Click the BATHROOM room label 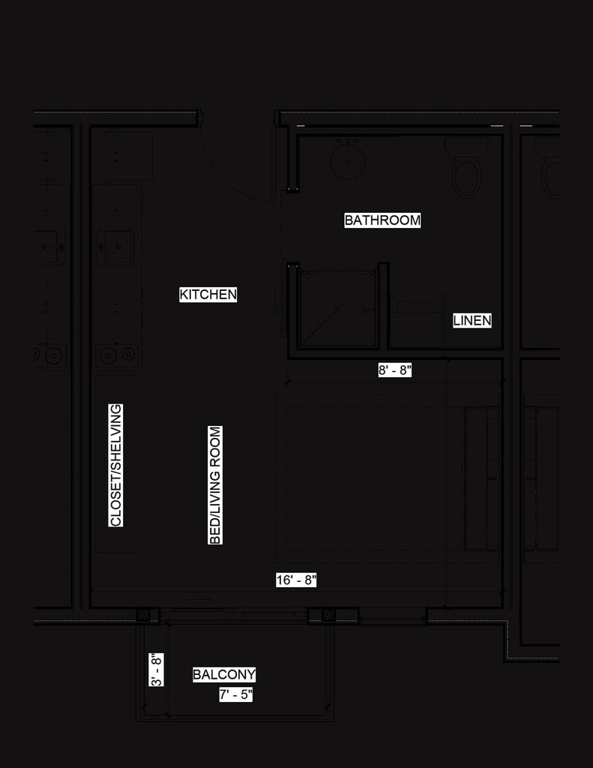pyautogui.click(x=382, y=220)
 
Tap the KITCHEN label pyautogui.click(x=208, y=295)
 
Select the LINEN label pyautogui.click(x=472, y=321)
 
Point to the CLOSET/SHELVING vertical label pyautogui.click(x=116, y=465)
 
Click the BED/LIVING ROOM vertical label pyautogui.click(x=216, y=485)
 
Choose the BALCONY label pyautogui.click(x=224, y=675)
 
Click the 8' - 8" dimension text pyautogui.click(x=395, y=370)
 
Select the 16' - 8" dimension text pyautogui.click(x=296, y=580)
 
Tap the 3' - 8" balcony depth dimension pyautogui.click(x=156, y=669)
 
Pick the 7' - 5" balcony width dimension pyautogui.click(x=236, y=695)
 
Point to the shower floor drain pyautogui.click(x=338, y=308)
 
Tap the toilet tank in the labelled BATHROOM pyautogui.click(x=466, y=145)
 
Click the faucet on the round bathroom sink pyautogui.click(x=347, y=142)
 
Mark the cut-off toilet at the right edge pyautogui.click(x=552, y=172)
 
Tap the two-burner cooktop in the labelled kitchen pyautogui.click(x=118, y=354)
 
